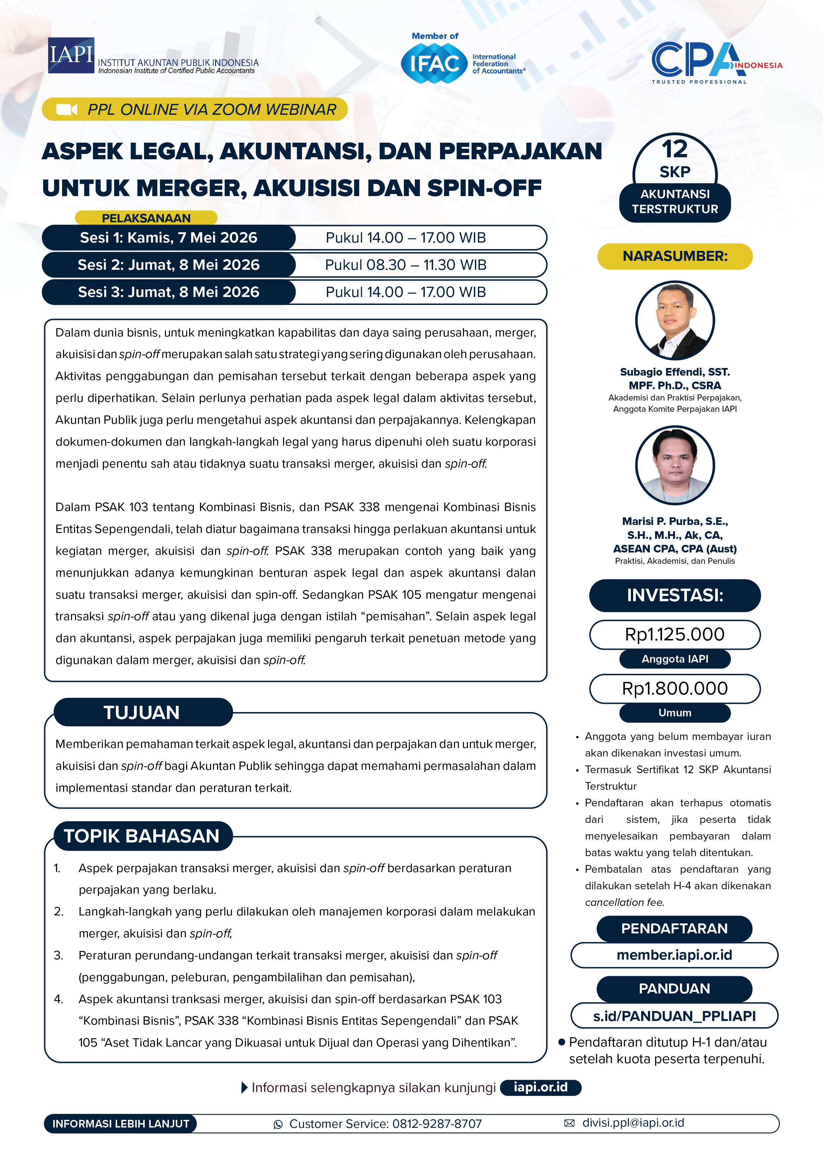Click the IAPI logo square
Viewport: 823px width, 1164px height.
click(x=71, y=55)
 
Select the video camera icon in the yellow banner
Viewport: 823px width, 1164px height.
click(x=66, y=109)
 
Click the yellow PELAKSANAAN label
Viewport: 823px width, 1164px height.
click(x=146, y=218)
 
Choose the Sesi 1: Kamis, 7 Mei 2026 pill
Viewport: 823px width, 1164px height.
click(x=168, y=238)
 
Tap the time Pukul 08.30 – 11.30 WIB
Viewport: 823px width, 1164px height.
click(x=406, y=265)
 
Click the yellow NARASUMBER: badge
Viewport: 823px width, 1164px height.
click(x=675, y=256)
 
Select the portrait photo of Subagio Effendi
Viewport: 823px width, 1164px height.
click(x=675, y=321)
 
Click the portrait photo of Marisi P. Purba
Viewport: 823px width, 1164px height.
click(x=675, y=465)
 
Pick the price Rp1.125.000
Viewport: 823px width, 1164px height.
click(x=675, y=634)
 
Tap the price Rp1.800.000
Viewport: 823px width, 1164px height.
click(x=675, y=689)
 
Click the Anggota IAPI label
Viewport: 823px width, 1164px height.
click(x=675, y=659)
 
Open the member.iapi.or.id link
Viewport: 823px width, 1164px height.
click(x=674, y=955)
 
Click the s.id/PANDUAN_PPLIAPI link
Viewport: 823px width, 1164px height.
click(x=674, y=1016)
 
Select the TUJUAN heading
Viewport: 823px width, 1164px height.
click(x=142, y=712)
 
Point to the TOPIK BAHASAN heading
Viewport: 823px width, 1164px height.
click(x=142, y=836)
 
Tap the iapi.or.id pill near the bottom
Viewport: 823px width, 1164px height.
click(x=541, y=1087)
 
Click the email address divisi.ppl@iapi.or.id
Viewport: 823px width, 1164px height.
click(x=633, y=1123)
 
